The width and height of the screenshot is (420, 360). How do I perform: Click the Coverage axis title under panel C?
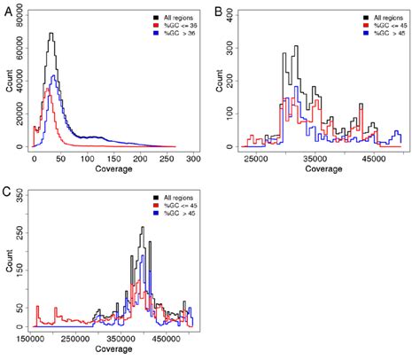tap(113, 351)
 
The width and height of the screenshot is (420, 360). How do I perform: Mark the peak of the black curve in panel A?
tap(51, 34)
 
